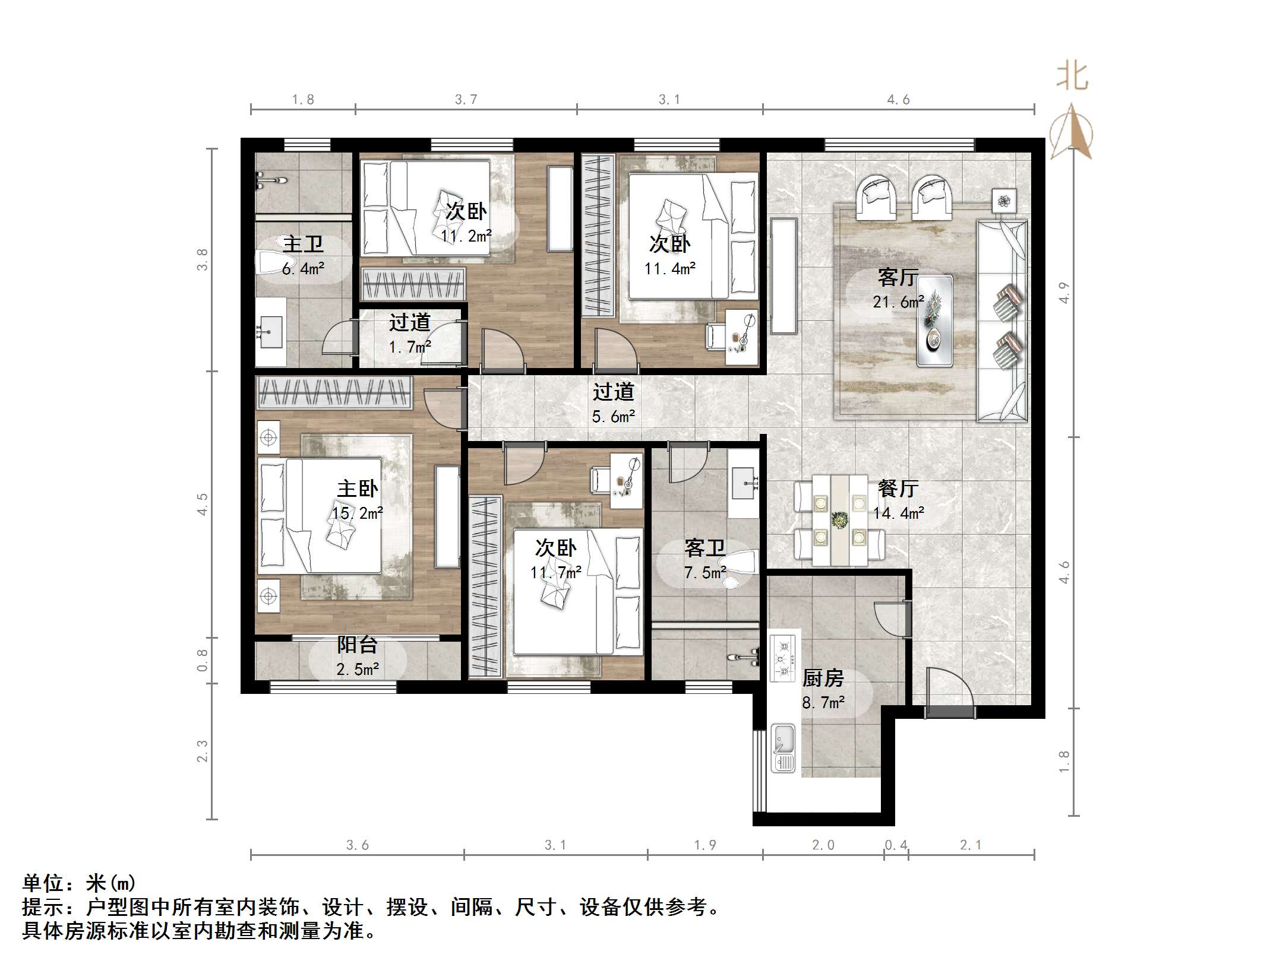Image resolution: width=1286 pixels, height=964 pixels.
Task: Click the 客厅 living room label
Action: (898, 277)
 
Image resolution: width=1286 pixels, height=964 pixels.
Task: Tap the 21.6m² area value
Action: (898, 302)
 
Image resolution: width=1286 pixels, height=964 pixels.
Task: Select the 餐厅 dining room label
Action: (898, 489)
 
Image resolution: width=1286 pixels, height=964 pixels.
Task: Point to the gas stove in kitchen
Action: (783, 658)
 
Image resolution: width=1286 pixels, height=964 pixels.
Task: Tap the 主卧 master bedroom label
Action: (357, 489)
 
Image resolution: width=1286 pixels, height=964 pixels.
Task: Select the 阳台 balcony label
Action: (357, 645)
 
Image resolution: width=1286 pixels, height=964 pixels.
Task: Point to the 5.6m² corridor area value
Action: (613, 417)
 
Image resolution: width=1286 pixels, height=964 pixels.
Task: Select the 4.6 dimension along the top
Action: (898, 100)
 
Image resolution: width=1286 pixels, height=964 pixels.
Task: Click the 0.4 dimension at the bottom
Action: (896, 845)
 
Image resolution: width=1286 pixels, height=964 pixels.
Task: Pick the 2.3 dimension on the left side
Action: (203, 751)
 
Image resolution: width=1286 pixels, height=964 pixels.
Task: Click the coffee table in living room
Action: (934, 320)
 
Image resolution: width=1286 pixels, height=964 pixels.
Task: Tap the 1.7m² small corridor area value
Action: (410, 347)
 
